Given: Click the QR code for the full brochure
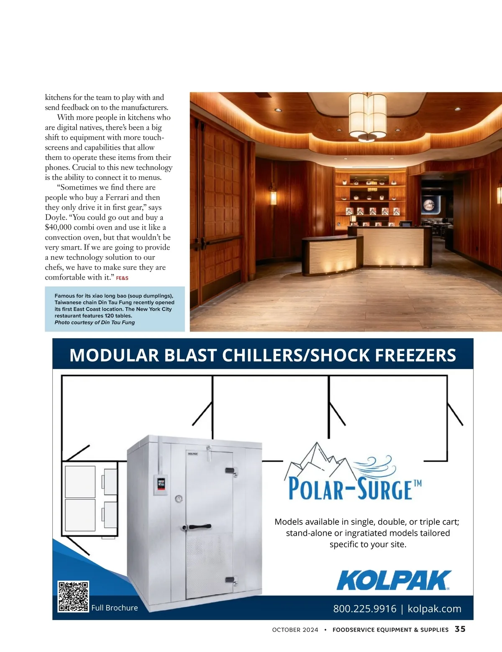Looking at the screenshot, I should pyautogui.click(x=73, y=596).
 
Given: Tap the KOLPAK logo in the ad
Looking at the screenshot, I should pyautogui.click(x=394, y=580).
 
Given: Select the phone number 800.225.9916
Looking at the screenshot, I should pyautogui.click(x=364, y=608).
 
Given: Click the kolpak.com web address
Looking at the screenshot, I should pyautogui.click(x=434, y=608).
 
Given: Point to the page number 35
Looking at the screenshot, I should pyautogui.click(x=460, y=629).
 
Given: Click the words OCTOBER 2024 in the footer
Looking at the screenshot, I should pyautogui.click(x=295, y=629).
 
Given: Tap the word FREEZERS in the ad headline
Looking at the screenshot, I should pyautogui.click(x=415, y=355).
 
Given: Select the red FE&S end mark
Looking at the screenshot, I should pyautogui.click(x=122, y=278).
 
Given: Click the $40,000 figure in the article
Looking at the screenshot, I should pyautogui.click(x=58, y=227).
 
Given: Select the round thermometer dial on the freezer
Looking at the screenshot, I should pyautogui.click(x=179, y=498).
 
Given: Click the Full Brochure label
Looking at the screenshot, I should pyautogui.click(x=115, y=608).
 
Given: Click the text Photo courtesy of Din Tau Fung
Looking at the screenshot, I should pyautogui.click(x=95, y=322).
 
